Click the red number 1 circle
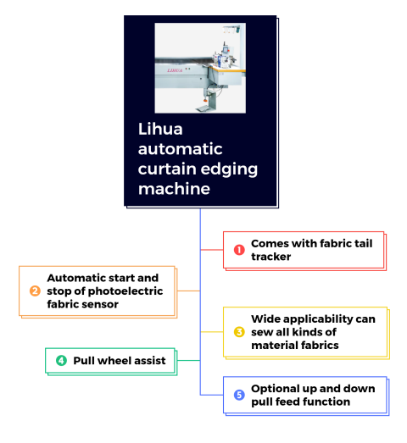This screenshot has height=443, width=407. pos(239,250)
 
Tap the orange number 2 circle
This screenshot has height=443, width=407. pos(35,291)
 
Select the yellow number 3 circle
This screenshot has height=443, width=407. pos(239,332)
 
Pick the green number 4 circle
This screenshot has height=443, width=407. pos(61,361)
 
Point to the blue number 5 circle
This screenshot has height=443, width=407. pos(239,395)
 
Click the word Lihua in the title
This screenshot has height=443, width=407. pos(160,129)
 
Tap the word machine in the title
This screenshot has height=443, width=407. pos(174,189)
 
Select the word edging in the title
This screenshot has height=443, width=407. pos(229,170)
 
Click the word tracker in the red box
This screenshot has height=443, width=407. pos(271,257)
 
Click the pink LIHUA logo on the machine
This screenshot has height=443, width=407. pos(175,70)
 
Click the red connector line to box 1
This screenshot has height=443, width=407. pos(212,250)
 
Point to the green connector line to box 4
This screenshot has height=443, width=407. pos(188,360)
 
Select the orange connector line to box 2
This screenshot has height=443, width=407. pos(188,291)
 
